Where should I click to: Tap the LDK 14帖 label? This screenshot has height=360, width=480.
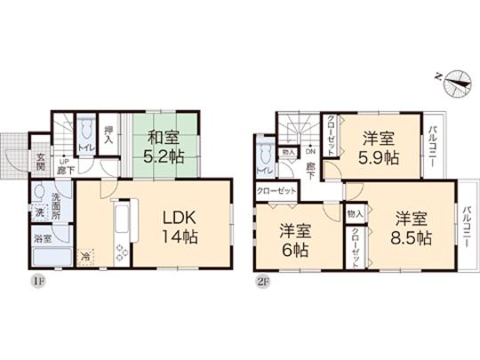tap(178, 228)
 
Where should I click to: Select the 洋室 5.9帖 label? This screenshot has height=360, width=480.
tap(380, 148)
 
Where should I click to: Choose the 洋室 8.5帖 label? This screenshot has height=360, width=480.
tap(414, 229)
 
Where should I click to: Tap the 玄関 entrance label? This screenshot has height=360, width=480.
tap(41, 163)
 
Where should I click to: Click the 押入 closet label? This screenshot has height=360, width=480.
tap(108, 136)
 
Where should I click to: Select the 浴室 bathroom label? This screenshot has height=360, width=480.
tap(42, 238)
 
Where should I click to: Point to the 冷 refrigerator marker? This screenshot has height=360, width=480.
tap(85, 255)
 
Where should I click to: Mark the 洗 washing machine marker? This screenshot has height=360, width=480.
tap(40, 214)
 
